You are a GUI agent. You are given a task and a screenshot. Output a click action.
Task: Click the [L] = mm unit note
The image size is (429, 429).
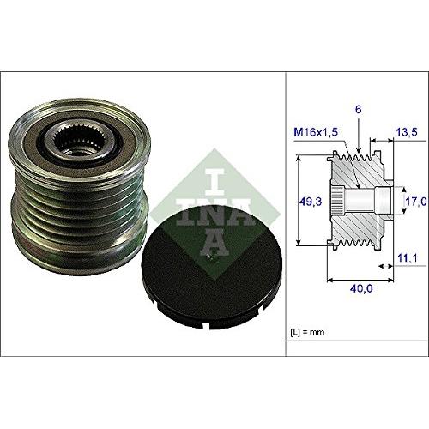(310, 330)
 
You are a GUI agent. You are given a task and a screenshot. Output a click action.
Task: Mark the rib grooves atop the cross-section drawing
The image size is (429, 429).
(356, 158)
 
